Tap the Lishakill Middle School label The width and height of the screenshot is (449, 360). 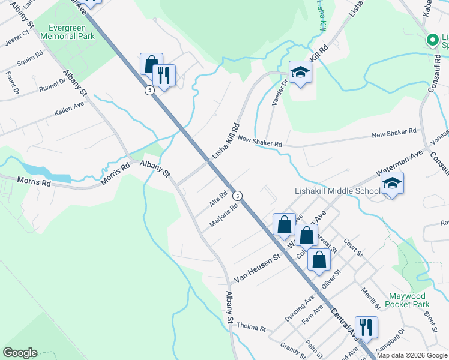(337, 191)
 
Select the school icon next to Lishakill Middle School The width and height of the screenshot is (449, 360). (392, 183)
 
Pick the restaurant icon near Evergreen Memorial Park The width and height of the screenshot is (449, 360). (163, 75)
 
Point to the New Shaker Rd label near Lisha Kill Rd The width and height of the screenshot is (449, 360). (260, 142)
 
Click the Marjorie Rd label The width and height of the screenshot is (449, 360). (224, 215)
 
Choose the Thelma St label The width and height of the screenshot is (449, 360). (251, 328)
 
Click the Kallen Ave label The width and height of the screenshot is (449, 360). (68, 107)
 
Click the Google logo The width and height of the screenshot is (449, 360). (20, 353)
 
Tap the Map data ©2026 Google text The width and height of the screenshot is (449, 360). (412, 355)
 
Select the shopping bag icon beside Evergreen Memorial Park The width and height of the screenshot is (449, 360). (151, 64)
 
